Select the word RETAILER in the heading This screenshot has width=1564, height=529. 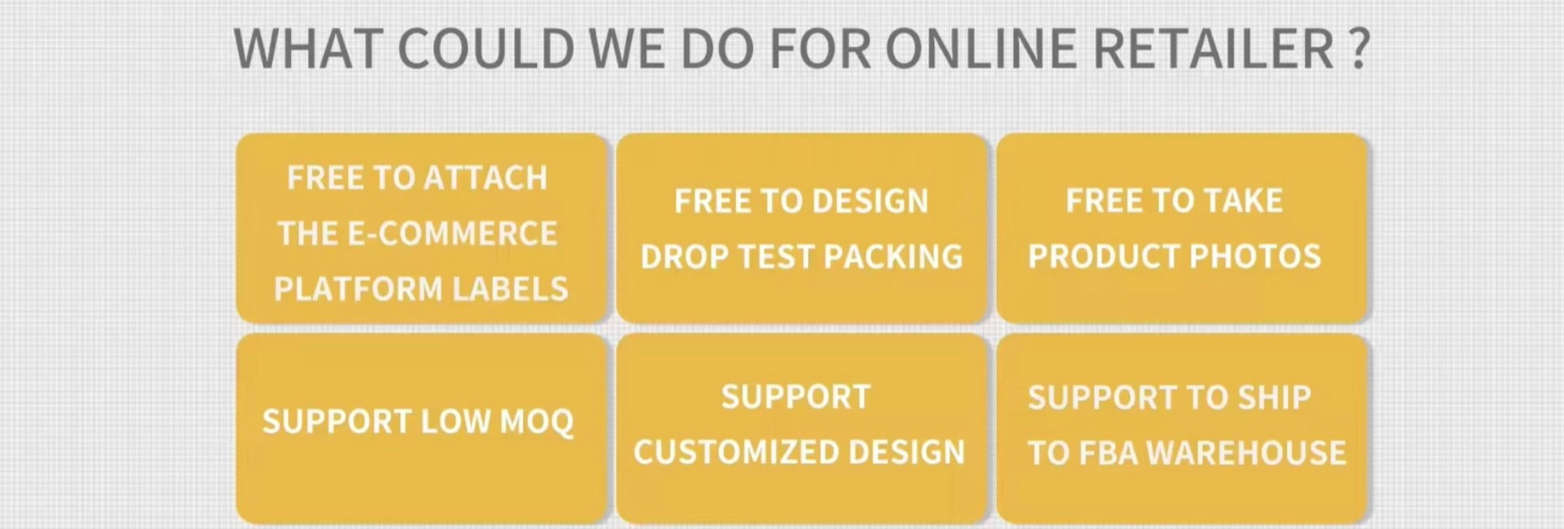[1214, 49]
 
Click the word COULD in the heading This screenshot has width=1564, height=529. [487, 49]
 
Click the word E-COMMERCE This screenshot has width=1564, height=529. [453, 234]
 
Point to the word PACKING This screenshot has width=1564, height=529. [894, 257]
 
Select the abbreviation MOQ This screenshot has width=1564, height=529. [537, 422]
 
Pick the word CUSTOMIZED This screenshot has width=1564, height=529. [736, 452]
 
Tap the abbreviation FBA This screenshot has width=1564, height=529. [1108, 453]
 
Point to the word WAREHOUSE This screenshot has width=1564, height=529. [1245, 453]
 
